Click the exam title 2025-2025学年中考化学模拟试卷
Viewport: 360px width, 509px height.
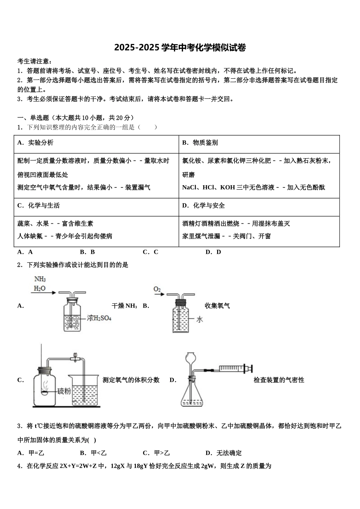click(x=180, y=48)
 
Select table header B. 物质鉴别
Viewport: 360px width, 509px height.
click(x=200, y=143)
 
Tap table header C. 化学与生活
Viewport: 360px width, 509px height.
click(x=38, y=206)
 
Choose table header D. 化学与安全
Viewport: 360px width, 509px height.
click(x=203, y=206)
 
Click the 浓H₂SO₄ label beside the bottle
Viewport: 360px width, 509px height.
click(x=99, y=318)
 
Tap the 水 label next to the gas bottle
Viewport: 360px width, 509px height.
click(x=199, y=320)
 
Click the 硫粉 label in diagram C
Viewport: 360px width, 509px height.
click(x=64, y=391)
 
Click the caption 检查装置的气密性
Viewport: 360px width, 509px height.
click(x=279, y=380)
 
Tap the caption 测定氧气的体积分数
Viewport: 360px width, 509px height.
click(x=131, y=380)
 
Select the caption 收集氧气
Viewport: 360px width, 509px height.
click(x=217, y=306)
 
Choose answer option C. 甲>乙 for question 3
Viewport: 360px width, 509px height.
click(x=156, y=453)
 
